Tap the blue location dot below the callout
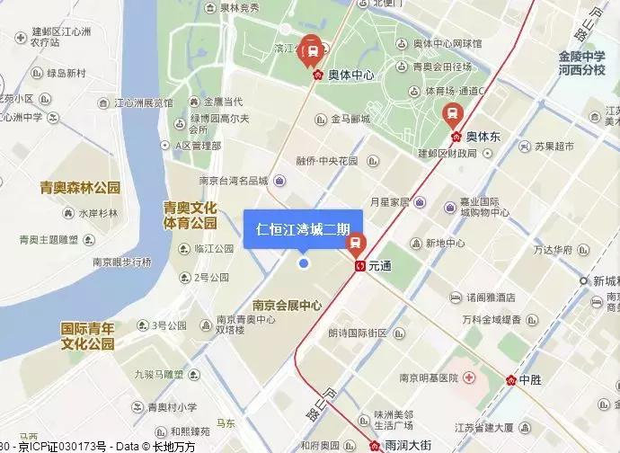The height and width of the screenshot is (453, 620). coord(304,262)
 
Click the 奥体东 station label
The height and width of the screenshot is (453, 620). coord(483,137)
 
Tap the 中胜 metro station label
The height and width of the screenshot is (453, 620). coord(531,379)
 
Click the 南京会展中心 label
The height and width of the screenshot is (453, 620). coord(288,304)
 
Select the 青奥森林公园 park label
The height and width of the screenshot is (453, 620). coord(80,188)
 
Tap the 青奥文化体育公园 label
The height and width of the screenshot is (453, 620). coord(190,214)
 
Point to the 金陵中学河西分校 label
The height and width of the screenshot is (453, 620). coord(581,62)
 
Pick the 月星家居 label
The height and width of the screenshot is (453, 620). coord(389,202)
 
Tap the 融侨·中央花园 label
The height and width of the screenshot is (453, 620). coord(327,162)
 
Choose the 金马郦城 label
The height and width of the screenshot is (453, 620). coord(350,118)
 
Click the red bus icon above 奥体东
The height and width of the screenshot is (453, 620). coord(451,113)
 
